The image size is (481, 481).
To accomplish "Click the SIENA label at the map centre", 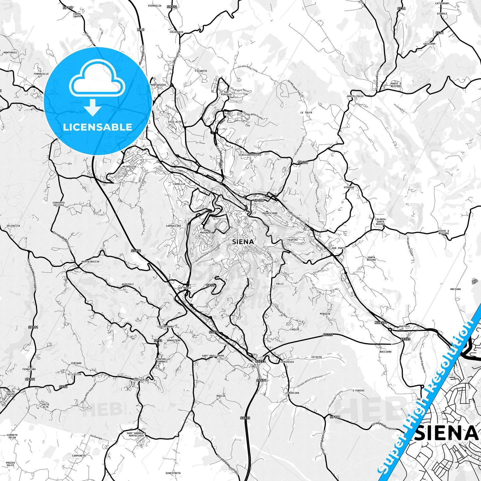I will pos(243,242).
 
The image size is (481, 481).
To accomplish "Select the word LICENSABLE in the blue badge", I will pos(98,127).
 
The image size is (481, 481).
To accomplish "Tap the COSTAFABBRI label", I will pos(166,327).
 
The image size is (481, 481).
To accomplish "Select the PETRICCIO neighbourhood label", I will pos(129,166).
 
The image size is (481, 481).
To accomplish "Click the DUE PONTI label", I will pos(339,248).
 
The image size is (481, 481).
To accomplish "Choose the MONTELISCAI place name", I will pos(355,96).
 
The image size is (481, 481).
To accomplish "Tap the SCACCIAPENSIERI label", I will pos(250,154).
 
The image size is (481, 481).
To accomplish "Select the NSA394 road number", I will pos(381,322).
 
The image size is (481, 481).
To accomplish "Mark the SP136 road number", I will pos(335,417).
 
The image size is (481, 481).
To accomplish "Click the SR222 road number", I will pos(172,7).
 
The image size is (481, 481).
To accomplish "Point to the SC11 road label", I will pos(439,33).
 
